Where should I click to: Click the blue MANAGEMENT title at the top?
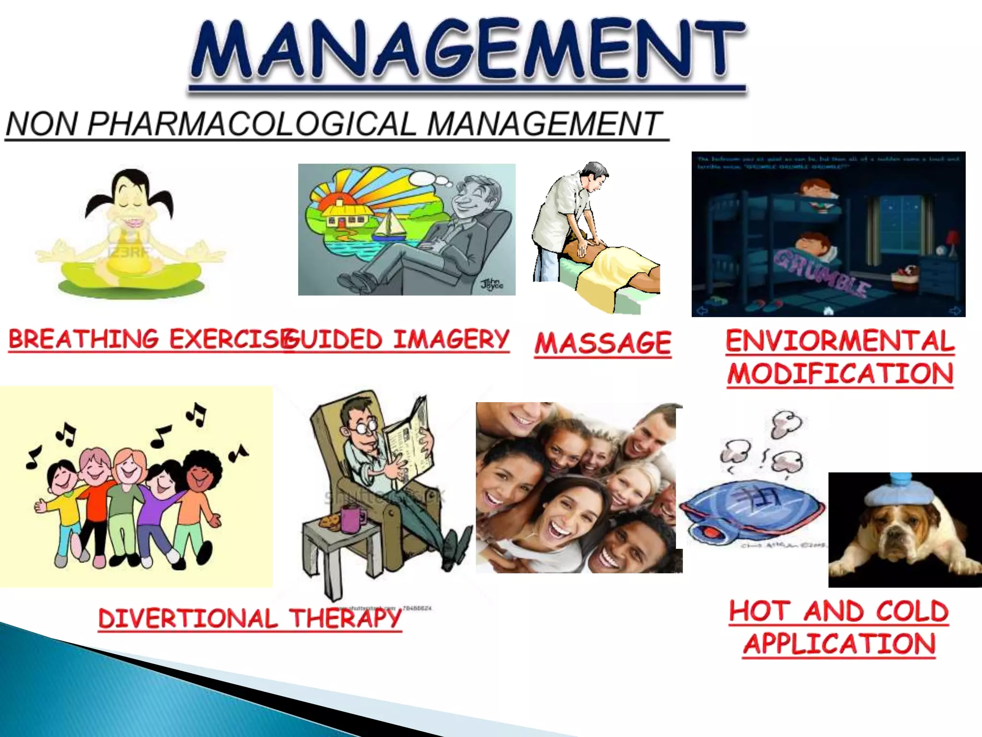tap(468, 50)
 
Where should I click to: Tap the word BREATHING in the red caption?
tap(83, 339)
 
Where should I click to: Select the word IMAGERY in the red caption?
tap(451, 340)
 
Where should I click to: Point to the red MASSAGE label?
tap(603, 343)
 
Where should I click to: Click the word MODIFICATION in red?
tap(840, 374)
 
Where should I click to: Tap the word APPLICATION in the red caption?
tap(839, 644)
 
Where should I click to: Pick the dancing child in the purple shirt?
tap(161, 499)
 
